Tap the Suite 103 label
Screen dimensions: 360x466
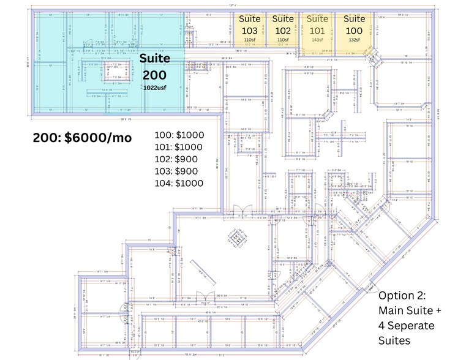tap(249, 24)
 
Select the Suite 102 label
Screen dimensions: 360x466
tap(283, 24)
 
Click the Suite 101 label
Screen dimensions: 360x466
tap(317, 24)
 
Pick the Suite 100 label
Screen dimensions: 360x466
tap(354, 24)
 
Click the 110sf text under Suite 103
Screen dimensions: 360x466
tap(249, 40)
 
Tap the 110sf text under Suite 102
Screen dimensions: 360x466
tap(283, 40)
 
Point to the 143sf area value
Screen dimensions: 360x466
tap(317, 40)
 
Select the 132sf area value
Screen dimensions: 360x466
tap(354, 40)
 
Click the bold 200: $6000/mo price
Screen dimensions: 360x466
tap(82, 138)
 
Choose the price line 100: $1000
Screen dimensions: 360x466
tap(181, 135)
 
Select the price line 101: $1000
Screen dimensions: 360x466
tap(181, 147)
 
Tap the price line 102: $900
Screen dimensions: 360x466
tap(178, 159)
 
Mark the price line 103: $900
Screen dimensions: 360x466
tap(178, 171)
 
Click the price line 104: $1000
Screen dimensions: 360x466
tap(181, 183)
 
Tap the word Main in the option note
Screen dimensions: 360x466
tap(391, 311)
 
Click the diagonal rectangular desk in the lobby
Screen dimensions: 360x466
tap(203, 272)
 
